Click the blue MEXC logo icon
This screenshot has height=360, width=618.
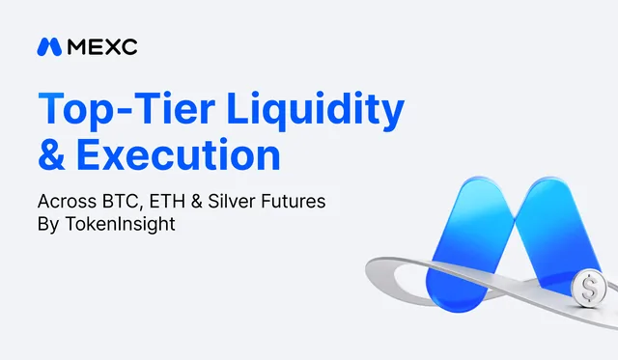(x=49, y=47)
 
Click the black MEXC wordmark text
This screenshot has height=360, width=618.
(x=102, y=47)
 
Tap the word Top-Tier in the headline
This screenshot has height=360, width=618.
(x=126, y=109)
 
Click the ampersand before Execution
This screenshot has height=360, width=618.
(x=51, y=154)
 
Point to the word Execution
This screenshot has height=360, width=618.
(x=178, y=154)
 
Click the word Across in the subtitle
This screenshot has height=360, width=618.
(x=67, y=202)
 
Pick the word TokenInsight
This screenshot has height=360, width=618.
(x=120, y=225)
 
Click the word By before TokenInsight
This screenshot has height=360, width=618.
(x=48, y=225)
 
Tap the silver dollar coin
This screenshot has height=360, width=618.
(x=589, y=288)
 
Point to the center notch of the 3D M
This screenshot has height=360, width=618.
(x=515, y=216)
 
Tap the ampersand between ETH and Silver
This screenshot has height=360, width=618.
(x=196, y=202)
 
